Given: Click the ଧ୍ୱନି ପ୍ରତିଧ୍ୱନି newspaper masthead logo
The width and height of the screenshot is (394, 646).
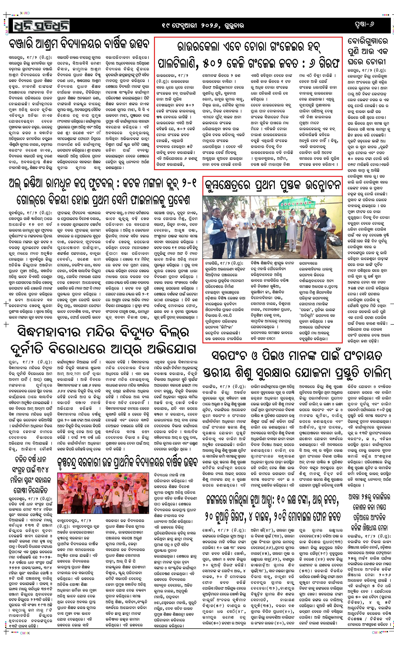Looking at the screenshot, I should pyautogui.click(x=39, y=25).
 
